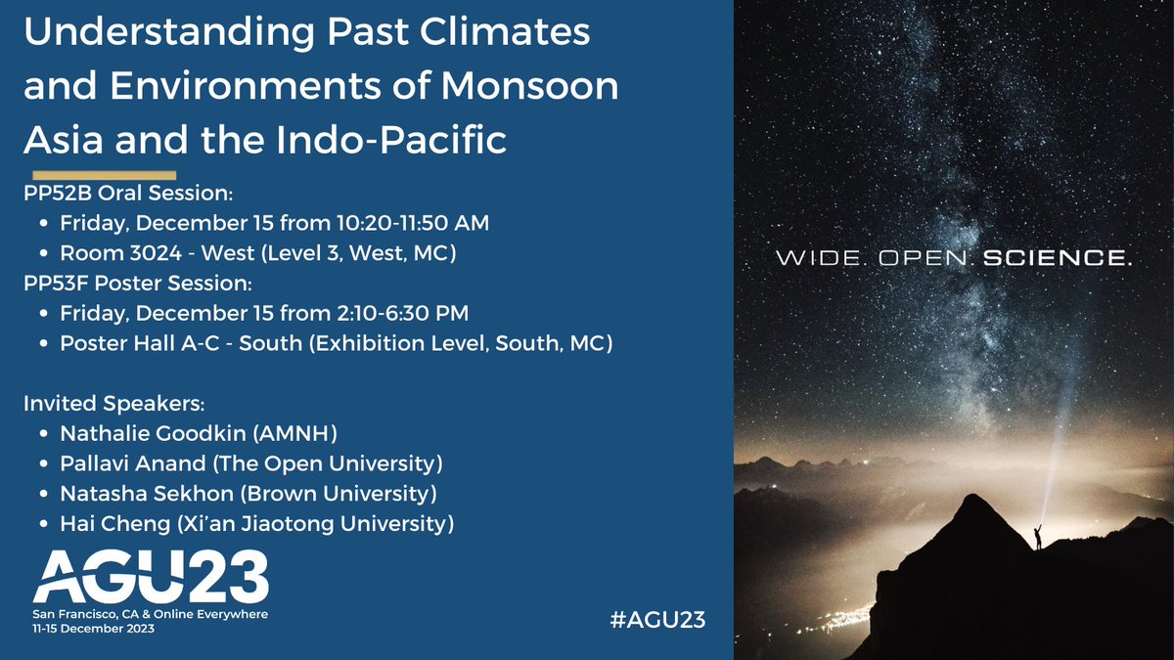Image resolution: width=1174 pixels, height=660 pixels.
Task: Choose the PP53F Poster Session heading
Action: [138, 284]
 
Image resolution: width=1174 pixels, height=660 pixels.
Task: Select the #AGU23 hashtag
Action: [656, 619]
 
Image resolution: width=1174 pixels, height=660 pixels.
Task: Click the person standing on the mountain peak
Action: [1038, 537]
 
